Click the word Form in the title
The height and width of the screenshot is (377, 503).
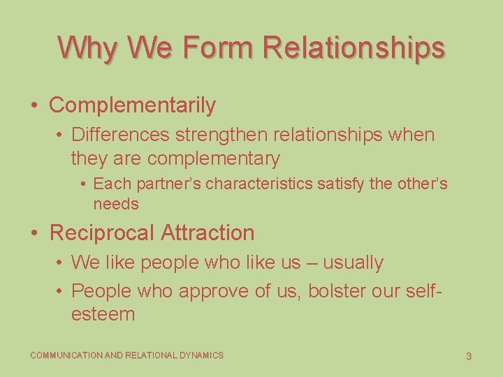(x=219, y=47)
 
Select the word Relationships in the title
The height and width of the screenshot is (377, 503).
(x=353, y=47)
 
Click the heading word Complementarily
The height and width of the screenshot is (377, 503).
(x=133, y=105)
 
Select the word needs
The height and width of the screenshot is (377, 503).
(x=116, y=204)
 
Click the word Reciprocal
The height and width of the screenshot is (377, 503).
(x=102, y=232)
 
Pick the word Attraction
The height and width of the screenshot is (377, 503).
(x=207, y=232)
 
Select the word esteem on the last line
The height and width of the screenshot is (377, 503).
(x=103, y=314)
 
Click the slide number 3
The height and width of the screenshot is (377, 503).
(x=469, y=356)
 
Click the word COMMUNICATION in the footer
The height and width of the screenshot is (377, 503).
(x=66, y=355)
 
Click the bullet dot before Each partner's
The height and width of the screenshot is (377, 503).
(x=83, y=184)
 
